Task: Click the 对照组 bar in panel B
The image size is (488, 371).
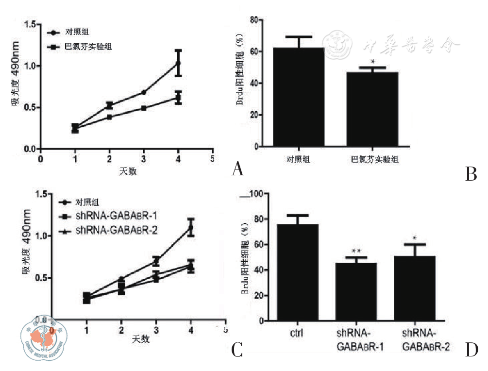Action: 298,97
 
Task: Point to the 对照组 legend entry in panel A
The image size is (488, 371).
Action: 77,33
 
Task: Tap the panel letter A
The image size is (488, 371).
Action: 237,169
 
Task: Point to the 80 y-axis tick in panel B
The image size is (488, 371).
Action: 252,20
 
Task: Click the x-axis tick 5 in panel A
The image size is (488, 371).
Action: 212,159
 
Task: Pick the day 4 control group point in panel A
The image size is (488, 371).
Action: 178,63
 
